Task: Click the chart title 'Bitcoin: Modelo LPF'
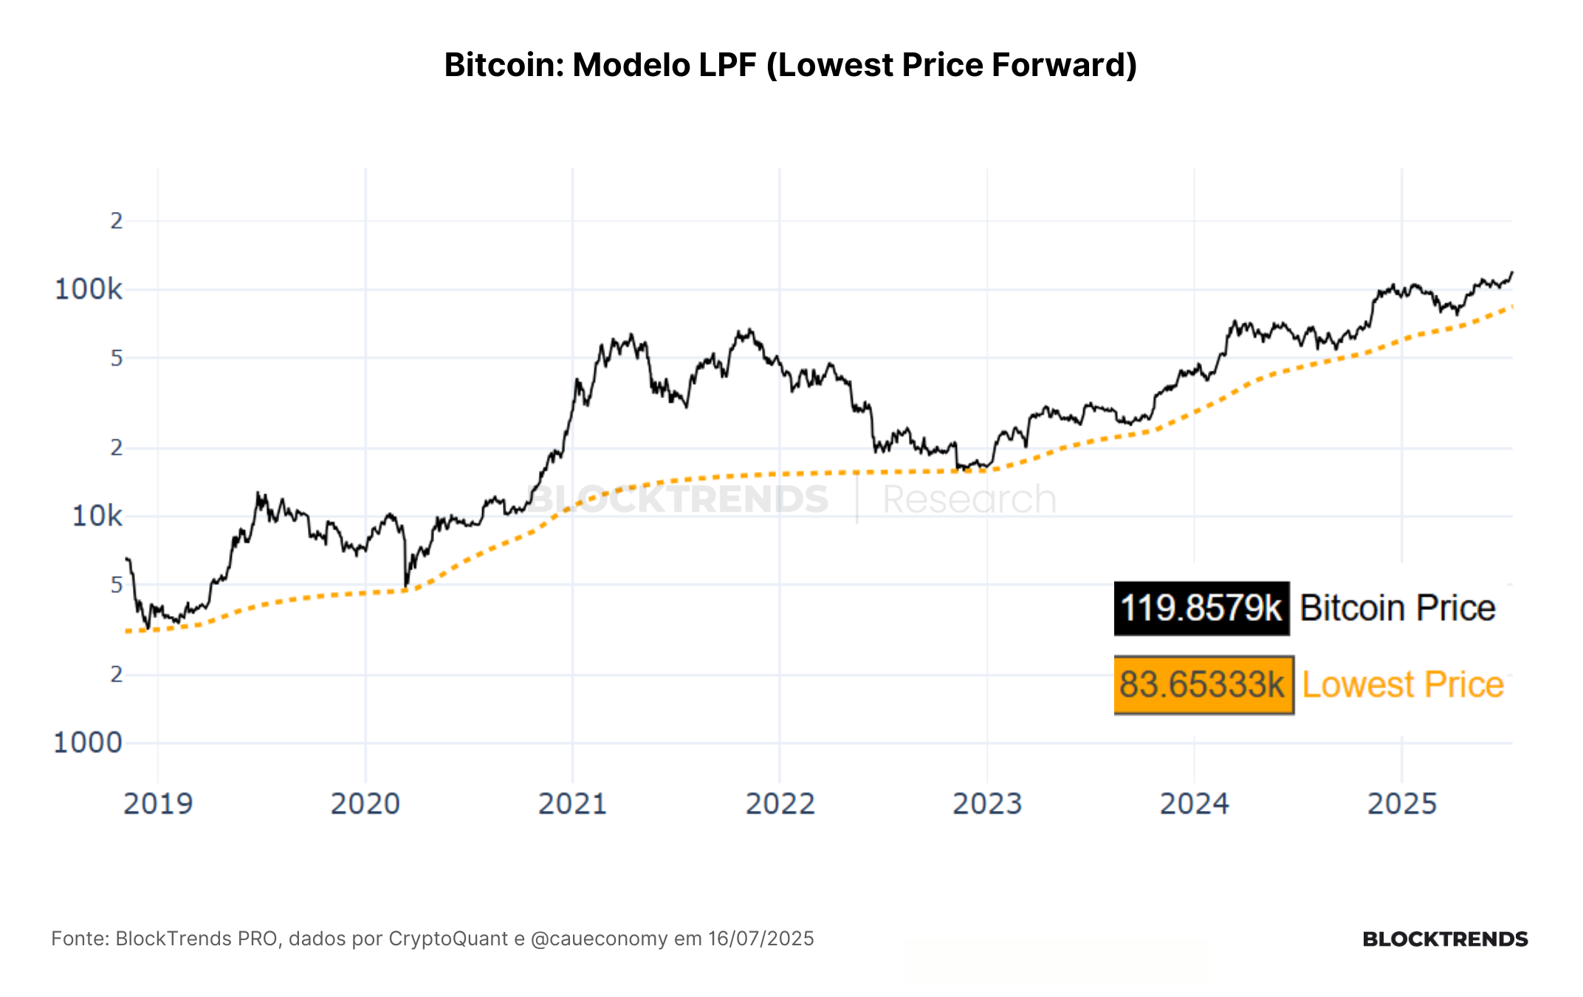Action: tap(600, 65)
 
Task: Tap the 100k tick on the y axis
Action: tap(89, 289)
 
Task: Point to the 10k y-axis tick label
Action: tap(97, 515)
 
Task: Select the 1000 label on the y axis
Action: tap(88, 742)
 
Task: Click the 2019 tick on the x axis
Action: tap(158, 804)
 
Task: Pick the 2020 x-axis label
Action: tap(365, 804)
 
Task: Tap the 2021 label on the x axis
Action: tap(573, 804)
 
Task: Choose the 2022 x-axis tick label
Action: tap(780, 804)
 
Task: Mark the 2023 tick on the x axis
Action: tap(988, 804)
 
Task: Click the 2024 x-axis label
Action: tap(1195, 804)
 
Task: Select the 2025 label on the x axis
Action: tap(1402, 804)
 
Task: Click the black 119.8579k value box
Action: tap(1202, 609)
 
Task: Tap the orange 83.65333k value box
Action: tap(1203, 685)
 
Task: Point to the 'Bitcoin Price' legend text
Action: tap(1398, 609)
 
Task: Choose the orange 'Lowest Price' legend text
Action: tap(1403, 685)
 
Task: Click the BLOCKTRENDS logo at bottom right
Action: tap(1445, 939)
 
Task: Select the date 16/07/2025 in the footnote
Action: tap(761, 939)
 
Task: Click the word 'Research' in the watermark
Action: tap(970, 499)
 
